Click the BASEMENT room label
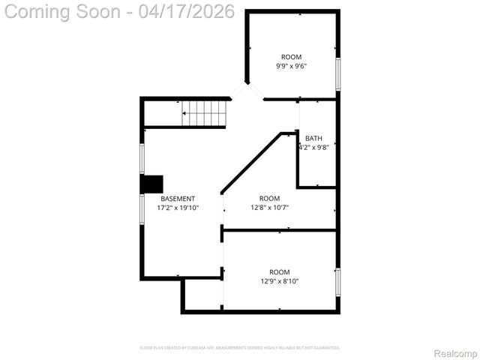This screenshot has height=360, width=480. pyautogui.click(x=177, y=199)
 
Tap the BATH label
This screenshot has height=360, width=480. pyautogui.click(x=313, y=138)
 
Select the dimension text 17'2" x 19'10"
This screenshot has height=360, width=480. pyautogui.click(x=177, y=208)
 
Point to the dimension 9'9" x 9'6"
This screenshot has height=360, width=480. pyautogui.click(x=292, y=66)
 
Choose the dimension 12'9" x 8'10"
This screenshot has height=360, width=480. pyautogui.click(x=280, y=281)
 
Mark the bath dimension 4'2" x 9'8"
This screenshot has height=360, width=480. pyautogui.click(x=314, y=147)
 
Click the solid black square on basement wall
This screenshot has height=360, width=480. pyautogui.click(x=153, y=184)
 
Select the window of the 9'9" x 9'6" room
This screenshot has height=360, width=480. pyautogui.click(x=337, y=73)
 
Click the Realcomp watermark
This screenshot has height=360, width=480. pyautogui.click(x=456, y=352)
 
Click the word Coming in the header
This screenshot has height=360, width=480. pyautogui.click(x=37, y=12)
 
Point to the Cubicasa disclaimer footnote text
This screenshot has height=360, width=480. pyautogui.click(x=240, y=348)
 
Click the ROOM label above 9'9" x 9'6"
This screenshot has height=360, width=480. pyautogui.click(x=292, y=57)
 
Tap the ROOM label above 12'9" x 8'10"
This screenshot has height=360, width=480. pyautogui.click(x=280, y=272)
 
